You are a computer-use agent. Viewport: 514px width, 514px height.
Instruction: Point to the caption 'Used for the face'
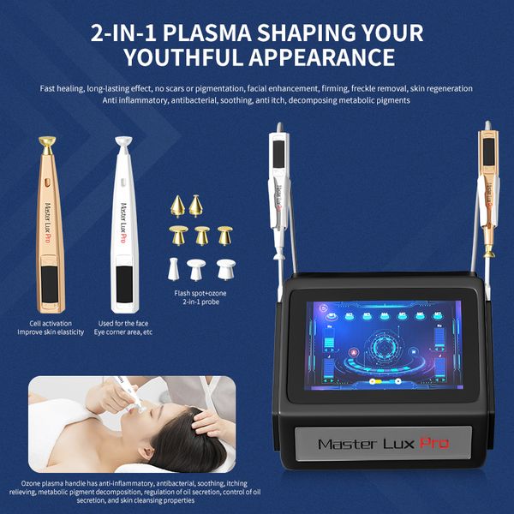tap(123, 323)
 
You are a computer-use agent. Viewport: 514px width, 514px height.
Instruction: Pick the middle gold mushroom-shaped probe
tap(202, 235)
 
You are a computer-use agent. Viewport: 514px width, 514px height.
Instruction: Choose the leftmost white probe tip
tap(173, 268)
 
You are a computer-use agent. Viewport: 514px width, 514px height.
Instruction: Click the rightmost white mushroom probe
tap(224, 268)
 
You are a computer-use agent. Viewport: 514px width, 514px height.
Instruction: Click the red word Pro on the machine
tap(433, 444)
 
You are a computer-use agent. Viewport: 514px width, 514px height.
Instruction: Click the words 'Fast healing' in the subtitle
tap(62, 88)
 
